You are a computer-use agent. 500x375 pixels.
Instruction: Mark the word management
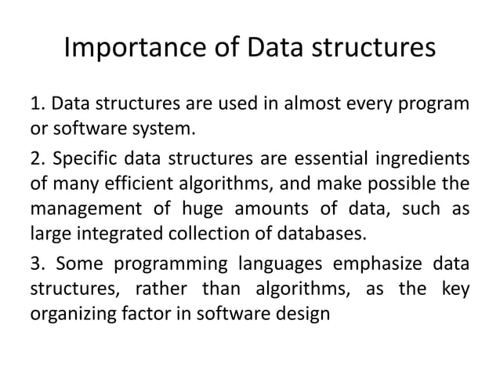click(x=80, y=209)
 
